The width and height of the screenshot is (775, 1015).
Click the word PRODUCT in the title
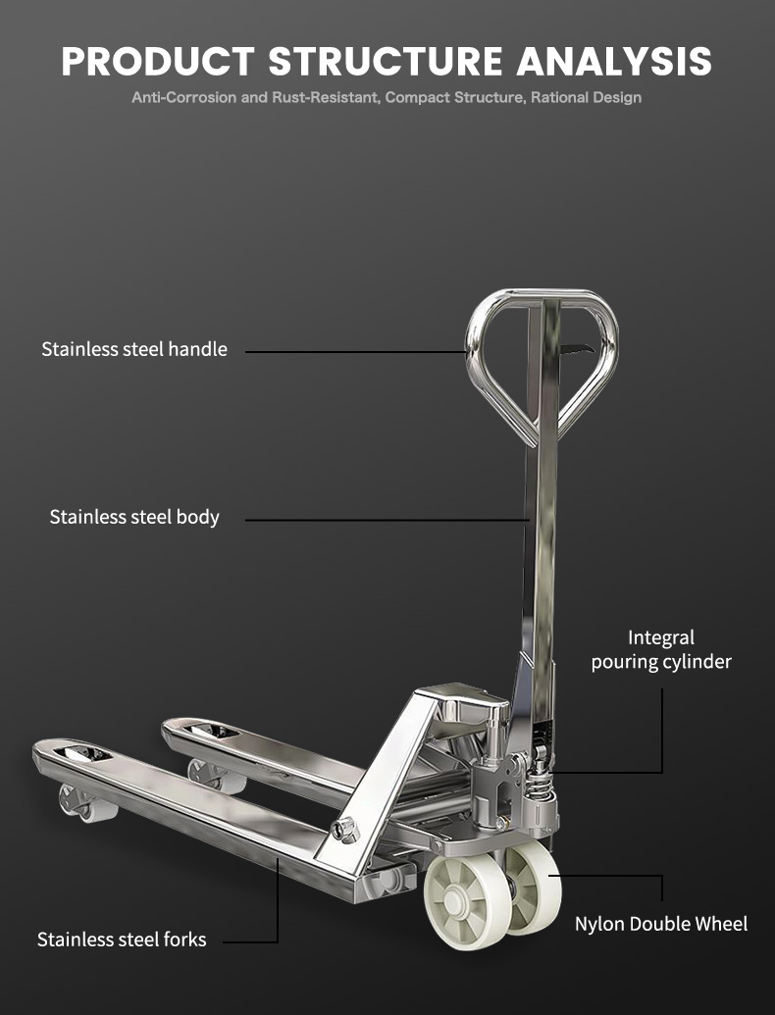157,62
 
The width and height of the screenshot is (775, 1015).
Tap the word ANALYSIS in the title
614,62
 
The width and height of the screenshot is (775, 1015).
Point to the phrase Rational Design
586,98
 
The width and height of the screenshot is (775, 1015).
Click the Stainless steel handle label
134,349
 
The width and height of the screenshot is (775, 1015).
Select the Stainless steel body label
134,517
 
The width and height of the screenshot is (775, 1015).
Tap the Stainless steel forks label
121,939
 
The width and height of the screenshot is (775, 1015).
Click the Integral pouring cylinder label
661,650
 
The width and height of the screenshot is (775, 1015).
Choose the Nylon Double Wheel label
661,924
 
